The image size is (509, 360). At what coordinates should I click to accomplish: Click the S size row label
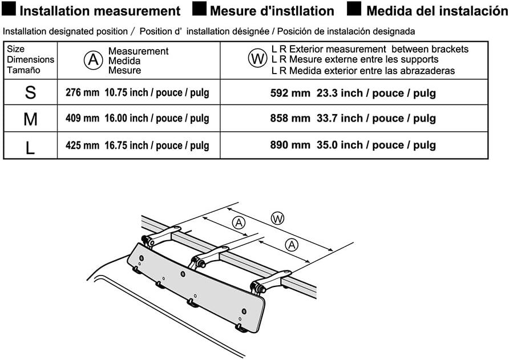coord(30,92)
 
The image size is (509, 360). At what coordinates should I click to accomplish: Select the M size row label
coord(30,119)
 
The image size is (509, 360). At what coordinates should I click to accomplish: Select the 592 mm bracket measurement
coord(290,92)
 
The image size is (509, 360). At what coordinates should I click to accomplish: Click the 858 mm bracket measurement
coord(290,119)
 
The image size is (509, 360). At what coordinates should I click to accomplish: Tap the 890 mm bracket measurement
coord(290,145)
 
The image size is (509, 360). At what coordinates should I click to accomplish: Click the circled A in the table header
coord(92,59)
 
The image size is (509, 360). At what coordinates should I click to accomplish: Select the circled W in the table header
coord(257,59)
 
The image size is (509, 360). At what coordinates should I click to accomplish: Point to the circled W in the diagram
coord(277,219)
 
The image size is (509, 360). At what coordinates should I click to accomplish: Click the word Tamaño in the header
coord(23,70)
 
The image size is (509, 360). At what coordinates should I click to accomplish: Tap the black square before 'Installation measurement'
coord(10,10)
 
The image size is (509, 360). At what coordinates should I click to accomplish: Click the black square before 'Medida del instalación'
coord(354,10)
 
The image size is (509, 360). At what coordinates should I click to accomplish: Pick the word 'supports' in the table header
coord(419,59)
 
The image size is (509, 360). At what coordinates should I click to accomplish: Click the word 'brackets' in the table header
coord(449,49)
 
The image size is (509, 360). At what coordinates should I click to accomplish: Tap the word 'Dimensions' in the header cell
coord(30,59)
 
